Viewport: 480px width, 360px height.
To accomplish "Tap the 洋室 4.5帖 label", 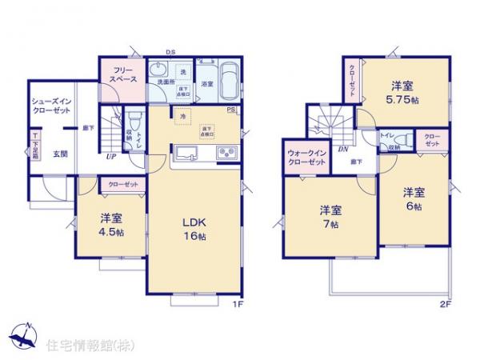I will pos(112,225).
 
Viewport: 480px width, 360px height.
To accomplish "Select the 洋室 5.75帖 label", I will pos(400,93).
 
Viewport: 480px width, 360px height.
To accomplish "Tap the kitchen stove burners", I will pos(226,152).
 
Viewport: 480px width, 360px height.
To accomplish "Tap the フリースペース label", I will pos(122,75).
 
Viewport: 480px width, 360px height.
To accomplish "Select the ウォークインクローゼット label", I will pos(306,157).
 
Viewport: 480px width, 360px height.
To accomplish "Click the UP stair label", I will pos(113,157).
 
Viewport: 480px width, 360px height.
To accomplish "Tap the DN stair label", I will pos(342,149).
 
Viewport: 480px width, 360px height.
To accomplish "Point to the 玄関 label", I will pos(60,154).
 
